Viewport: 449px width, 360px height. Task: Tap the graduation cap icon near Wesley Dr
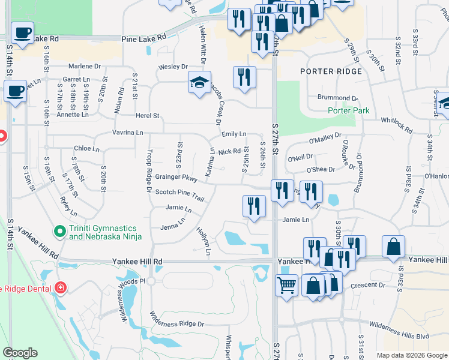point(199,82)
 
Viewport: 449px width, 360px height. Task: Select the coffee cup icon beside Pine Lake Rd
point(22,32)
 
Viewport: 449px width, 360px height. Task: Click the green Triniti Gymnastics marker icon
point(59,230)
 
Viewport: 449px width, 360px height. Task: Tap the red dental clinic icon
point(59,288)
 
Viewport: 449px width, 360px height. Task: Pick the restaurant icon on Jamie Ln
point(254,206)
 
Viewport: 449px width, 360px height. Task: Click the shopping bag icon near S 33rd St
point(393,246)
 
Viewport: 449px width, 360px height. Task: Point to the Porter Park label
point(349,110)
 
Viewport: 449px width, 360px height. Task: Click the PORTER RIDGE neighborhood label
point(331,71)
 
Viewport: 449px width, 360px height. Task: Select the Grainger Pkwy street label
point(176,178)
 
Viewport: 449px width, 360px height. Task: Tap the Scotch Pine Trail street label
point(180,192)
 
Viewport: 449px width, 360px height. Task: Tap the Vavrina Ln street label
point(128,132)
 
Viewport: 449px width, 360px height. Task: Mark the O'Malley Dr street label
point(325,139)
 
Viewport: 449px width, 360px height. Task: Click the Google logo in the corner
point(20,353)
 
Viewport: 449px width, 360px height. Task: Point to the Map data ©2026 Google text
point(411,355)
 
